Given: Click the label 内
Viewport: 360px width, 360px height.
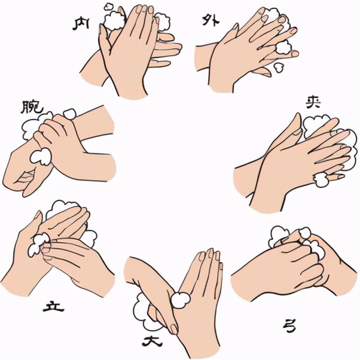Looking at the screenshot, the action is [81, 24].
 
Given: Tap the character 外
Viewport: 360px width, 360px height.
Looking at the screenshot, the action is [210, 20].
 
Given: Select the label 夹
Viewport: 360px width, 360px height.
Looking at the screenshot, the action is [313, 103].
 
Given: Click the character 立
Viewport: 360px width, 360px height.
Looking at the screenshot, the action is [53, 307].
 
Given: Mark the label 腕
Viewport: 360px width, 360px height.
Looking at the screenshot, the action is [32, 107].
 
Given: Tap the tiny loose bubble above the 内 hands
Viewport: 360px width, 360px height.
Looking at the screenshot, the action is [107, 7].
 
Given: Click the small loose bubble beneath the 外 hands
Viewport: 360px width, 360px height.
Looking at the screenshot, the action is [279, 67].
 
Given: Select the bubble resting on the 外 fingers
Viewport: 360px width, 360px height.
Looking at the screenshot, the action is [283, 47].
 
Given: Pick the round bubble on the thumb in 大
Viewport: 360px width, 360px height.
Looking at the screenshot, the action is [181, 300].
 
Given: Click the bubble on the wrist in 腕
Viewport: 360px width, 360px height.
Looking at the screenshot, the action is [41, 156].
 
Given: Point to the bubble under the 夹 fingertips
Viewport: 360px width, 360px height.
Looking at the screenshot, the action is [321, 179].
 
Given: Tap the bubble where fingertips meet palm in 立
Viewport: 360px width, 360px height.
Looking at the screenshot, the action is [38, 244].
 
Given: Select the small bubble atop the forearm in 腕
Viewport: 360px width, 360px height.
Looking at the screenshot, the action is [69, 114].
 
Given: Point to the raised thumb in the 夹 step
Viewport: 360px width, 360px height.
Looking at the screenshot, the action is [291, 131].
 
